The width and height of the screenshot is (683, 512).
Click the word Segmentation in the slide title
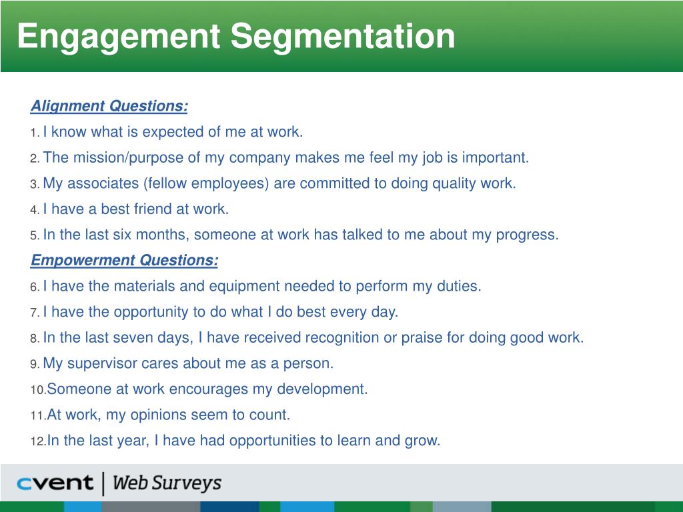pos(343,36)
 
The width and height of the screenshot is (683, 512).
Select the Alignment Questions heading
pos(109,106)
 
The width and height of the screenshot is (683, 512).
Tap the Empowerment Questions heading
pos(124,261)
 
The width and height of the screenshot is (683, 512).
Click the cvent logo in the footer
pos(55,483)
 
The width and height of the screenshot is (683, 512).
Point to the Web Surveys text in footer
pos(167,483)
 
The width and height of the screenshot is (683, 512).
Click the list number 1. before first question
pos(35,133)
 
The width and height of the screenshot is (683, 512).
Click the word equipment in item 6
pos(244,287)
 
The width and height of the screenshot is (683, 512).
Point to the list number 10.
pos(38,389)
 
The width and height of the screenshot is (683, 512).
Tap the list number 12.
pos(38,441)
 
